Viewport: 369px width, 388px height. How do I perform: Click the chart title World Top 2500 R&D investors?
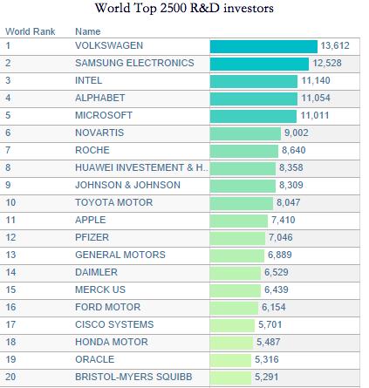[184, 8]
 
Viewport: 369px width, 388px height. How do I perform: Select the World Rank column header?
[31, 31]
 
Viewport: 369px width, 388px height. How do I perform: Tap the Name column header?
[88, 31]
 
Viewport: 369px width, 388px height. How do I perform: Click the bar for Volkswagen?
[263, 47]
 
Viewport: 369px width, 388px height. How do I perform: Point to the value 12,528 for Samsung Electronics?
[327, 63]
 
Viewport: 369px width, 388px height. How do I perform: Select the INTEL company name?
[89, 80]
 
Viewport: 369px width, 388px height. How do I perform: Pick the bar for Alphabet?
[254, 99]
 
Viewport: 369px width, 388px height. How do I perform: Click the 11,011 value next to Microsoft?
[315, 115]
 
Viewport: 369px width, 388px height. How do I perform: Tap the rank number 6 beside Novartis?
[8, 133]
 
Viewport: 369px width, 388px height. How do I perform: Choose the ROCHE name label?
[92, 150]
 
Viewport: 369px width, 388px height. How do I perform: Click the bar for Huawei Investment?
[243, 168]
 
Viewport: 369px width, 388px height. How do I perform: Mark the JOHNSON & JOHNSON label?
[127, 185]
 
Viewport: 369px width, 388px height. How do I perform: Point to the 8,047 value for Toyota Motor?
[288, 202]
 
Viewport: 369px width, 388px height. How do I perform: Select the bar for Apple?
[238, 221]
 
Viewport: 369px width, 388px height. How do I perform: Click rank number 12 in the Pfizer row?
[10, 237]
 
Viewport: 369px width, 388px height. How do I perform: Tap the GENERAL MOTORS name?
[120, 255]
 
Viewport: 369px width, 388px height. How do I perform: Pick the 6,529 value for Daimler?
[277, 272]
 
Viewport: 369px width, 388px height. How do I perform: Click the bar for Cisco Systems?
[232, 325]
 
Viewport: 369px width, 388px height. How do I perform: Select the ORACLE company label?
[95, 359]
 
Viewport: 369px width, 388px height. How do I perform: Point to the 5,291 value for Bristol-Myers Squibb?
[267, 377]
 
